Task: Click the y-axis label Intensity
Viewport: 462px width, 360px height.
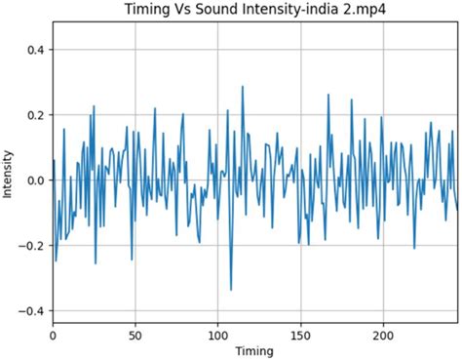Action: tap(9, 173)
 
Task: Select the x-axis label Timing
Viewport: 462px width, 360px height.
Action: tap(253, 350)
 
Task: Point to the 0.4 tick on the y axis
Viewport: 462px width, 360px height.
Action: tap(33, 50)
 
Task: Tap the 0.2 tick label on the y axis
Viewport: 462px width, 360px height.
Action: tap(33, 115)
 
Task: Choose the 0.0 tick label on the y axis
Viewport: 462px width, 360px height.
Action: tap(33, 180)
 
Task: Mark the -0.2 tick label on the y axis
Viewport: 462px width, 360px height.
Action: tap(30, 246)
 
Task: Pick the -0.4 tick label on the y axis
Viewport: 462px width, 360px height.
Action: tap(30, 311)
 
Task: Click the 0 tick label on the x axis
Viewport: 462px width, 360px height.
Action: tap(53, 333)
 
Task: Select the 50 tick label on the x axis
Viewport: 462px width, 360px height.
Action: tap(135, 333)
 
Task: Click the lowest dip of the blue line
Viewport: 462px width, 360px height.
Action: tap(231, 290)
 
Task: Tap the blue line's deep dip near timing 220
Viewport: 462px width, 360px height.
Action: tap(414, 248)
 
